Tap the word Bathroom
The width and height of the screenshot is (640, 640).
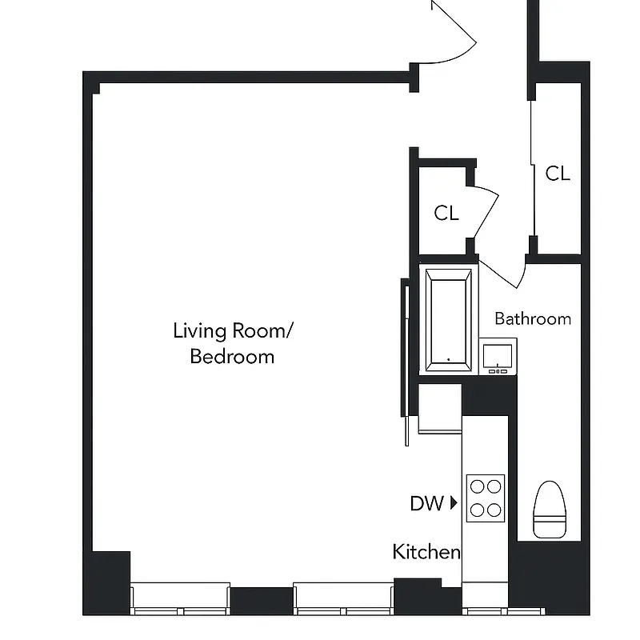533,318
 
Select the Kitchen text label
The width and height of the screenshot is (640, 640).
426,551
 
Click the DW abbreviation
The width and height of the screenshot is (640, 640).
426,503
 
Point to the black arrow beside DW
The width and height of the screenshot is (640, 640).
454,503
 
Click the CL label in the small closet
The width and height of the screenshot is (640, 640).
446,213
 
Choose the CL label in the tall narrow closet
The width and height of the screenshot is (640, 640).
558,173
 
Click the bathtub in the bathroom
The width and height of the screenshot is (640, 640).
448,320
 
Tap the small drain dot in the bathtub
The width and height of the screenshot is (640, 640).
448,359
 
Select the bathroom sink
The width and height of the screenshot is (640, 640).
498,355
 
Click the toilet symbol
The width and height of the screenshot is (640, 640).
550,509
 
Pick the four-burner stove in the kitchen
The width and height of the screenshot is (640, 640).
486,498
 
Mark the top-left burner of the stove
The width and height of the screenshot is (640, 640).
477,486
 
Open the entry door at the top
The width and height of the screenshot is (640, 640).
452,32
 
